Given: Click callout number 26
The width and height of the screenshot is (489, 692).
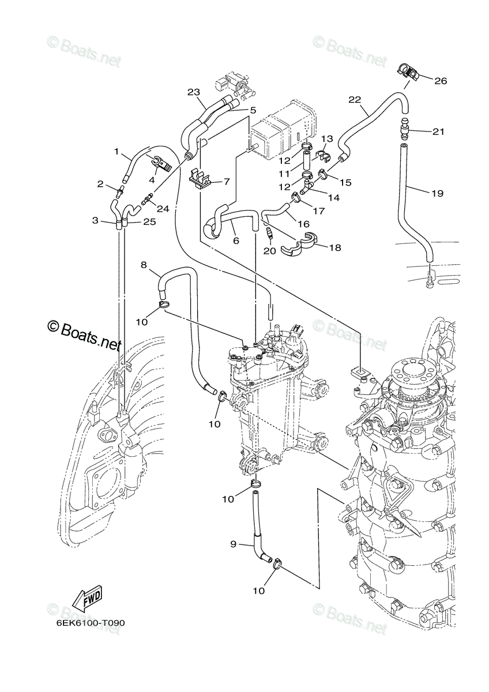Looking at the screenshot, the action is click(x=441, y=81).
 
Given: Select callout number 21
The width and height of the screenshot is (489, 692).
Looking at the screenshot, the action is click(x=438, y=131).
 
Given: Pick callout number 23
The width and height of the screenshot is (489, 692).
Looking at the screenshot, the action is click(x=194, y=92).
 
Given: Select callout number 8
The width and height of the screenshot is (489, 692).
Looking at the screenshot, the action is click(x=144, y=265).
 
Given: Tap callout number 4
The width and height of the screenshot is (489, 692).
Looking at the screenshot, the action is click(x=152, y=179).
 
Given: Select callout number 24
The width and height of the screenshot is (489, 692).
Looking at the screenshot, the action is click(x=163, y=209).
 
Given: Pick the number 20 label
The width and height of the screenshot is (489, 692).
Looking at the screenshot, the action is click(x=269, y=251).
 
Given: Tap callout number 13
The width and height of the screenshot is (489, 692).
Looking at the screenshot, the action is click(x=327, y=139).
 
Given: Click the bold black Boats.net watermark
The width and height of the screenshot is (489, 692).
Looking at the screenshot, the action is click(x=85, y=335).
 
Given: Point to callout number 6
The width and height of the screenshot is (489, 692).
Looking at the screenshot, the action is click(x=236, y=241).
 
